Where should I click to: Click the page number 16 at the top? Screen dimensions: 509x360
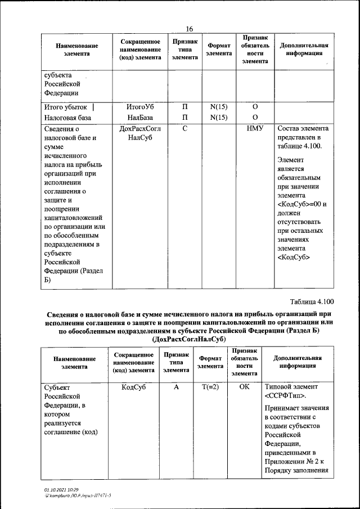tap(189, 29)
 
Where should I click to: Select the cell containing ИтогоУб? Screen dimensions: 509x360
tap(141, 106)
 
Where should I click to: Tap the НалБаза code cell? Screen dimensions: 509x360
tap(141, 118)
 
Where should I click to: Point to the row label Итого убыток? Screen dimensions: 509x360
tap(66, 106)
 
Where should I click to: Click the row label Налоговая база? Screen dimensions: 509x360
tap(67, 118)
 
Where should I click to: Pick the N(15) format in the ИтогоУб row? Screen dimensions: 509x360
tap(218, 106)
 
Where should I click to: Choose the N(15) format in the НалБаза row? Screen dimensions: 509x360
tap(218, 118)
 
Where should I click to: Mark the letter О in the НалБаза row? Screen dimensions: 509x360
tap(255, 118)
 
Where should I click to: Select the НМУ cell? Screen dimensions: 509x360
tap(255, 129)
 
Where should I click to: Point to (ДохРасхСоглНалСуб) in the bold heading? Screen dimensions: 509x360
tap(189, 340)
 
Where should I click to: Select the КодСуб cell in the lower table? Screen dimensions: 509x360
tap(134, 388)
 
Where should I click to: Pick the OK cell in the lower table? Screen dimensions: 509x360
tap(244, 388)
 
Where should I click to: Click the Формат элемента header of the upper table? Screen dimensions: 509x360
tap(218, 49)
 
